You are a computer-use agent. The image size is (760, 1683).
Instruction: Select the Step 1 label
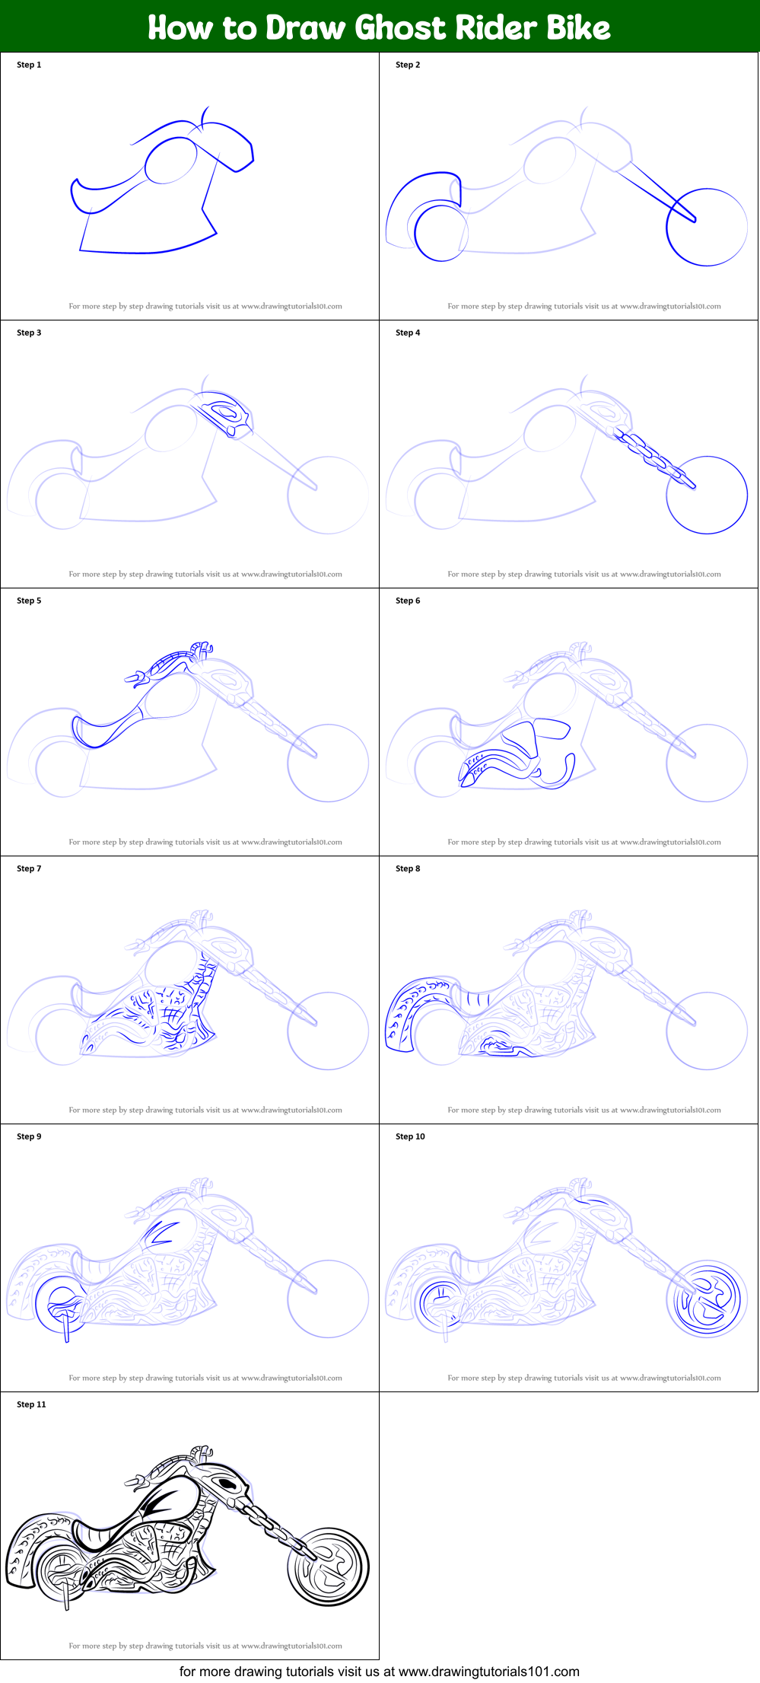29,65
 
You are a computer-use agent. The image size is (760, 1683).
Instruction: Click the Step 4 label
408,333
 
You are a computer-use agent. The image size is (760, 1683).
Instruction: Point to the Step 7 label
29,869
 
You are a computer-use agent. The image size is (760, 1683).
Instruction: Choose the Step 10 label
410,1136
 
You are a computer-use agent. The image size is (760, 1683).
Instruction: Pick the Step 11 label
31,1404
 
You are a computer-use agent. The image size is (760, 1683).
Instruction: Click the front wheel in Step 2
707,227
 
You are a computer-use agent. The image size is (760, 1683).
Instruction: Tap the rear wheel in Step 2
440,233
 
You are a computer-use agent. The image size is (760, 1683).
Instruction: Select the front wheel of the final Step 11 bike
329,1567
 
